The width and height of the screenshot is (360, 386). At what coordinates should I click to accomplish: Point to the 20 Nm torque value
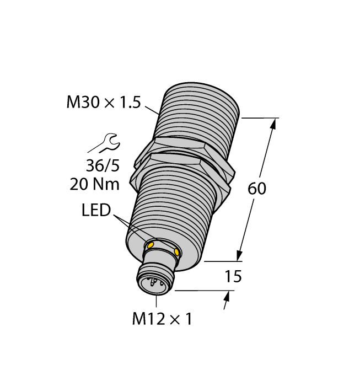pyautogui.click(x=94, y=184)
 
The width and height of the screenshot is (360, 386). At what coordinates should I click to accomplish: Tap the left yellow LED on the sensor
pyautogui.click(x=151, y=245)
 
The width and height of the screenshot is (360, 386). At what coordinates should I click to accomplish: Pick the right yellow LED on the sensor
pyautogui.click(x=176, y=252)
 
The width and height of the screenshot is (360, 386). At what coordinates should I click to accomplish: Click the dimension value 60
pyautogui.click(x=257, y=189)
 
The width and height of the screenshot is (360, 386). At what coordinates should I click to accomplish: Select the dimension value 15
pyautogui.click(x=234, y=276)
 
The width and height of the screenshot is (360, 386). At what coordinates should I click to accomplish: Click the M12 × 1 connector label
pyautogui.click(x=162, y=319)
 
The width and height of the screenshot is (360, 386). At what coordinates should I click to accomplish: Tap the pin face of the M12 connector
pyautogui.click(x=154, y=284)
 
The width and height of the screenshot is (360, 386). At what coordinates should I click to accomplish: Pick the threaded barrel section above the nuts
pyautogui.click(x=201, y=110)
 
